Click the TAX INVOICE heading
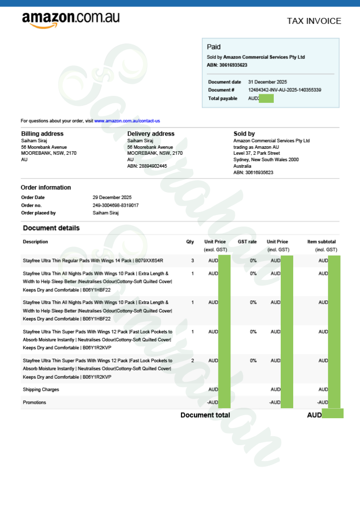point(314,21)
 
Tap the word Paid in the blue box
point(213,47)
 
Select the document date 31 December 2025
point(267,82)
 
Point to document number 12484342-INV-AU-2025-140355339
point(284,90)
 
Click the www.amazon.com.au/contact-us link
point(127,121)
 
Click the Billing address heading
point(42,134)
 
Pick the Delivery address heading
point(151,134)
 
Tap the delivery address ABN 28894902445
point(147,166)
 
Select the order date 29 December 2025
point(112,198)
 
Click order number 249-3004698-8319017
point(116,205)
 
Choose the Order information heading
point(46,188)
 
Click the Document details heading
point(51,228)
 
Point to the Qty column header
point(190,242)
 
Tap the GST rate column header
point(247,242)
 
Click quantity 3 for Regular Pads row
point(192,260)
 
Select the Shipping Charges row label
point(41,389)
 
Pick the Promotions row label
point(34,402)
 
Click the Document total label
point(205,415)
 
